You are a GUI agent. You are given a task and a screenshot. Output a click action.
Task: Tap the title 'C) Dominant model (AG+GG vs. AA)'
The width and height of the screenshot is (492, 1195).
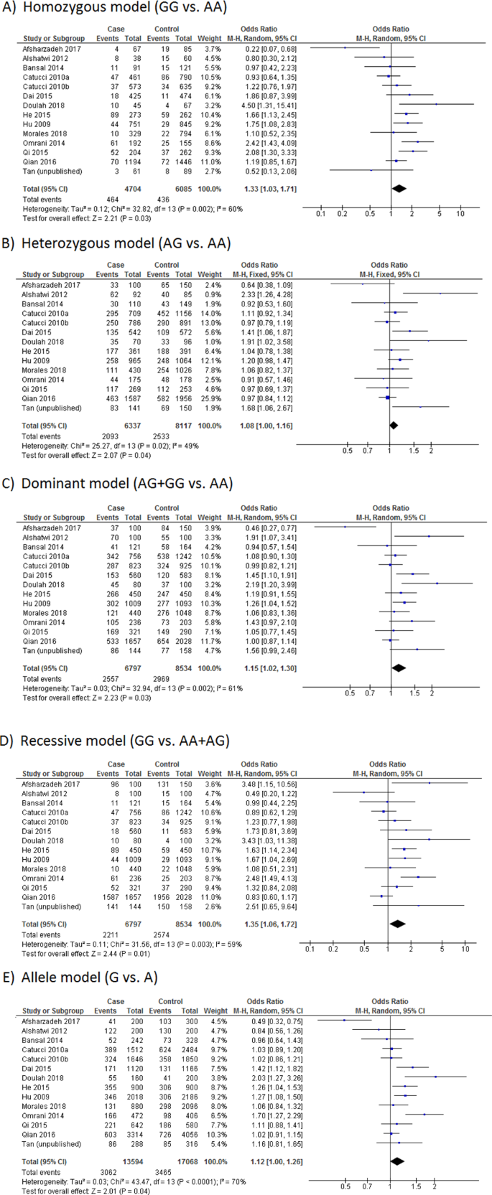(x=118, y=483)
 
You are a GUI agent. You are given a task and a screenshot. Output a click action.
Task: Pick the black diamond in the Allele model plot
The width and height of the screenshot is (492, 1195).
(x=394, y=1160)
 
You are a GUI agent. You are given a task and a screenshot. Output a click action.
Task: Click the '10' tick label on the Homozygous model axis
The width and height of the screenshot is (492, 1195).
(x=460, y=213)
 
